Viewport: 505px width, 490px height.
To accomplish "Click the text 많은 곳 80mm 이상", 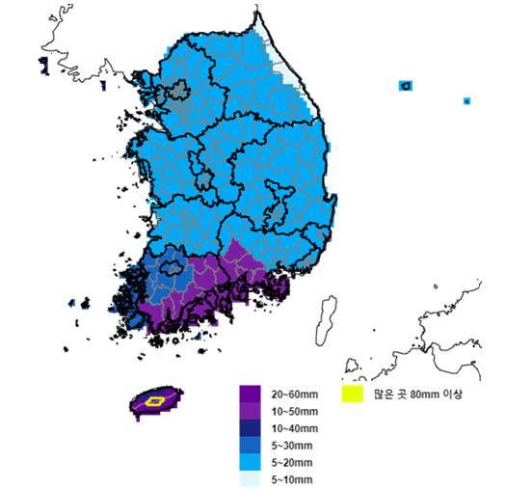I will click(x=409, y=394).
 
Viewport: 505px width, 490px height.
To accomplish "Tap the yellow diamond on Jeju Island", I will click(x=153, y=399).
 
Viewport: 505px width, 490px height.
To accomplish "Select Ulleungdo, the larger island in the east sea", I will click(x=406, y=86).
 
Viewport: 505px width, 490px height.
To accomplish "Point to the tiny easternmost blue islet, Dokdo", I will click(x=466, y=99).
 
